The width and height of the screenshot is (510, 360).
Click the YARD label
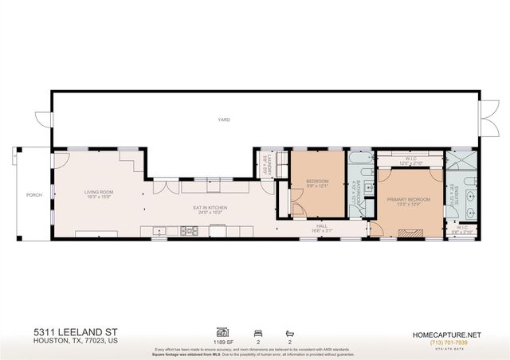click(x=224, y=119)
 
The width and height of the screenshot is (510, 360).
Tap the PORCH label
click(x=33, y=194)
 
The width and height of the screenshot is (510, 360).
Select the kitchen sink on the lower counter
click(x=159, y=231)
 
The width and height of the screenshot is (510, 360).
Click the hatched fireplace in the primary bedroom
click(x=411, y=233)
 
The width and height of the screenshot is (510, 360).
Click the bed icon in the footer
click(x=256, y=331)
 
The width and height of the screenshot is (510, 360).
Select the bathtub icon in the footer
click(x=288, y=331)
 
